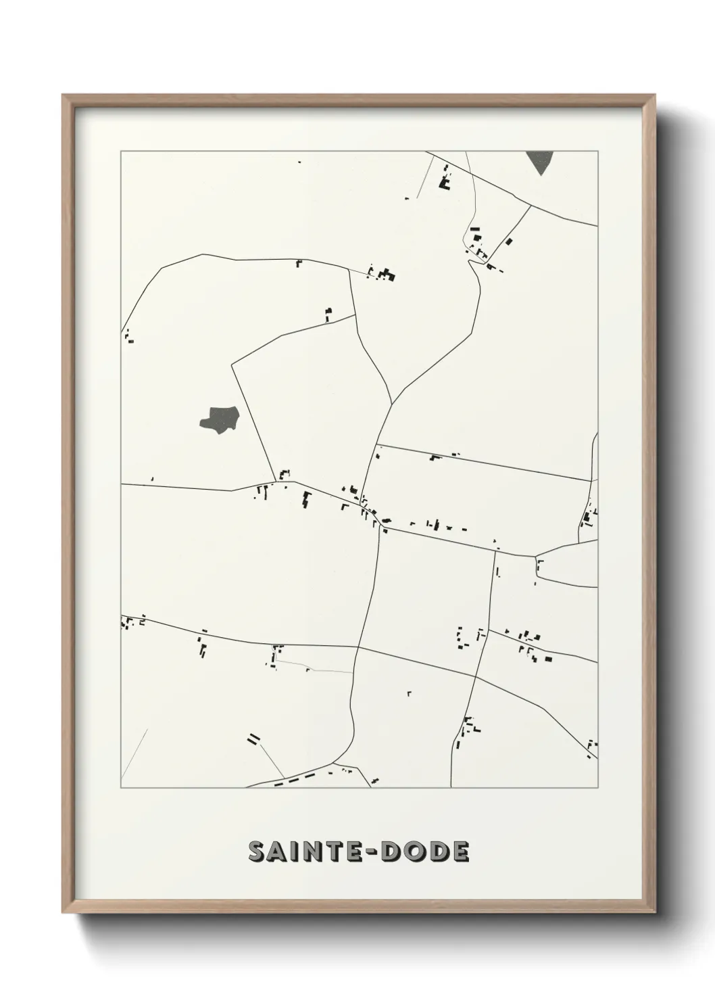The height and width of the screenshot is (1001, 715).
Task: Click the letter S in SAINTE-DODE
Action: click(258, 852)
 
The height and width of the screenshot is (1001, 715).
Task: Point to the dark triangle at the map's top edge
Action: click(540, 161)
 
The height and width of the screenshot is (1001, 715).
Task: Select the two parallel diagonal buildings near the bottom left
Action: click(253, 738)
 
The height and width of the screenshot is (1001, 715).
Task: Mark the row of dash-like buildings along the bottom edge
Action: click(296, 780)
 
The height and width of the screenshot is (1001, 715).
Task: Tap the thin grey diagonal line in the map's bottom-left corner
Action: click(134, 753)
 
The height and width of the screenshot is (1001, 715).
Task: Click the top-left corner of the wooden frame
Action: click(63, 95)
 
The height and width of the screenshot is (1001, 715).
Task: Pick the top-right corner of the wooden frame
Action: click(655, 95)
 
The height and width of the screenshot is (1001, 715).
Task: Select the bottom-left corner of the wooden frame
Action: click(63, 913)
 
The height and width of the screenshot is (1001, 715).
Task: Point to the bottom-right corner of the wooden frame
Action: click(655, 913)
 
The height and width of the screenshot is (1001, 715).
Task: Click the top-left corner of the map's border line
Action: click(121, 151)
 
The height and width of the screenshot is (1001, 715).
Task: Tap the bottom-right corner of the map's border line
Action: click(598, 788)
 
